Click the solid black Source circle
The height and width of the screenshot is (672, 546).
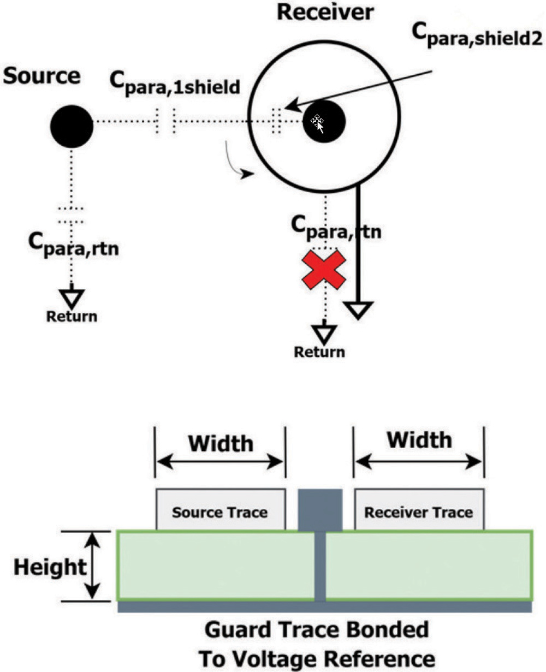(x=72, y=126)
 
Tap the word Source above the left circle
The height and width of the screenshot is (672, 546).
(x=41, y=76)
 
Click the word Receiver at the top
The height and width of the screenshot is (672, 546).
(x=325, y=11)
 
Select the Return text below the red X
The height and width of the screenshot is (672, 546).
(x=319, y=352)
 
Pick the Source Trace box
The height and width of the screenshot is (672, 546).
(x=220, y=509)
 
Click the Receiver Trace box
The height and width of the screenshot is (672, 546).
(x=419, y=509)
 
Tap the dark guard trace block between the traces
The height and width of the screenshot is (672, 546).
(x=321, y=509)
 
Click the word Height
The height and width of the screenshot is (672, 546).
(x=50, y=567)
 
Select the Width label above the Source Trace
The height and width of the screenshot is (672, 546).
(x=221, y=443)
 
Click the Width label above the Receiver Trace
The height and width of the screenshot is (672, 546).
(x=419, y=439)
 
